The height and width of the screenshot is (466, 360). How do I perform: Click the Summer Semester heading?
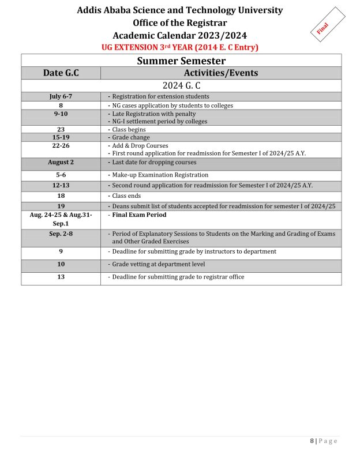pos(181,61)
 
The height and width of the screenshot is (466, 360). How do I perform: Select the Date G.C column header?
pos(61,73)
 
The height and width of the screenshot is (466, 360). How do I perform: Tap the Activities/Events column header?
pos(220,73)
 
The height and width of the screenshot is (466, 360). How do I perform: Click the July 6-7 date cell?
pos(61,96)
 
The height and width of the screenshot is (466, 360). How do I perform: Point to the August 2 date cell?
pos(61,163)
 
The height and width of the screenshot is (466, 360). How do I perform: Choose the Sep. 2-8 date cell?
pos(61,234)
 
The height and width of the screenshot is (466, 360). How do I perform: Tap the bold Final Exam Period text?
pos(139,215)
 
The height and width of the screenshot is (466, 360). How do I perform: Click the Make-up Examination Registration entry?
pos(160,175)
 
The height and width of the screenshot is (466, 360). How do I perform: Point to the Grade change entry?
pos(130,138)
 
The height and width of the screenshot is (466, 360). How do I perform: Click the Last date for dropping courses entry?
pos(154,163)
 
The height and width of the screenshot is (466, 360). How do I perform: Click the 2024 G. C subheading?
pos(181,85)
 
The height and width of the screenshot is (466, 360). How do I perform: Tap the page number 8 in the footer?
pos(312,441)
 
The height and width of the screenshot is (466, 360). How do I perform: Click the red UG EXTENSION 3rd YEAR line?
pos(180,47)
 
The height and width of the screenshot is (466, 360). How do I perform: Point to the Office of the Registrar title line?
pos(180,23)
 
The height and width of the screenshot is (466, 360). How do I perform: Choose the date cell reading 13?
pos(61,277)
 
